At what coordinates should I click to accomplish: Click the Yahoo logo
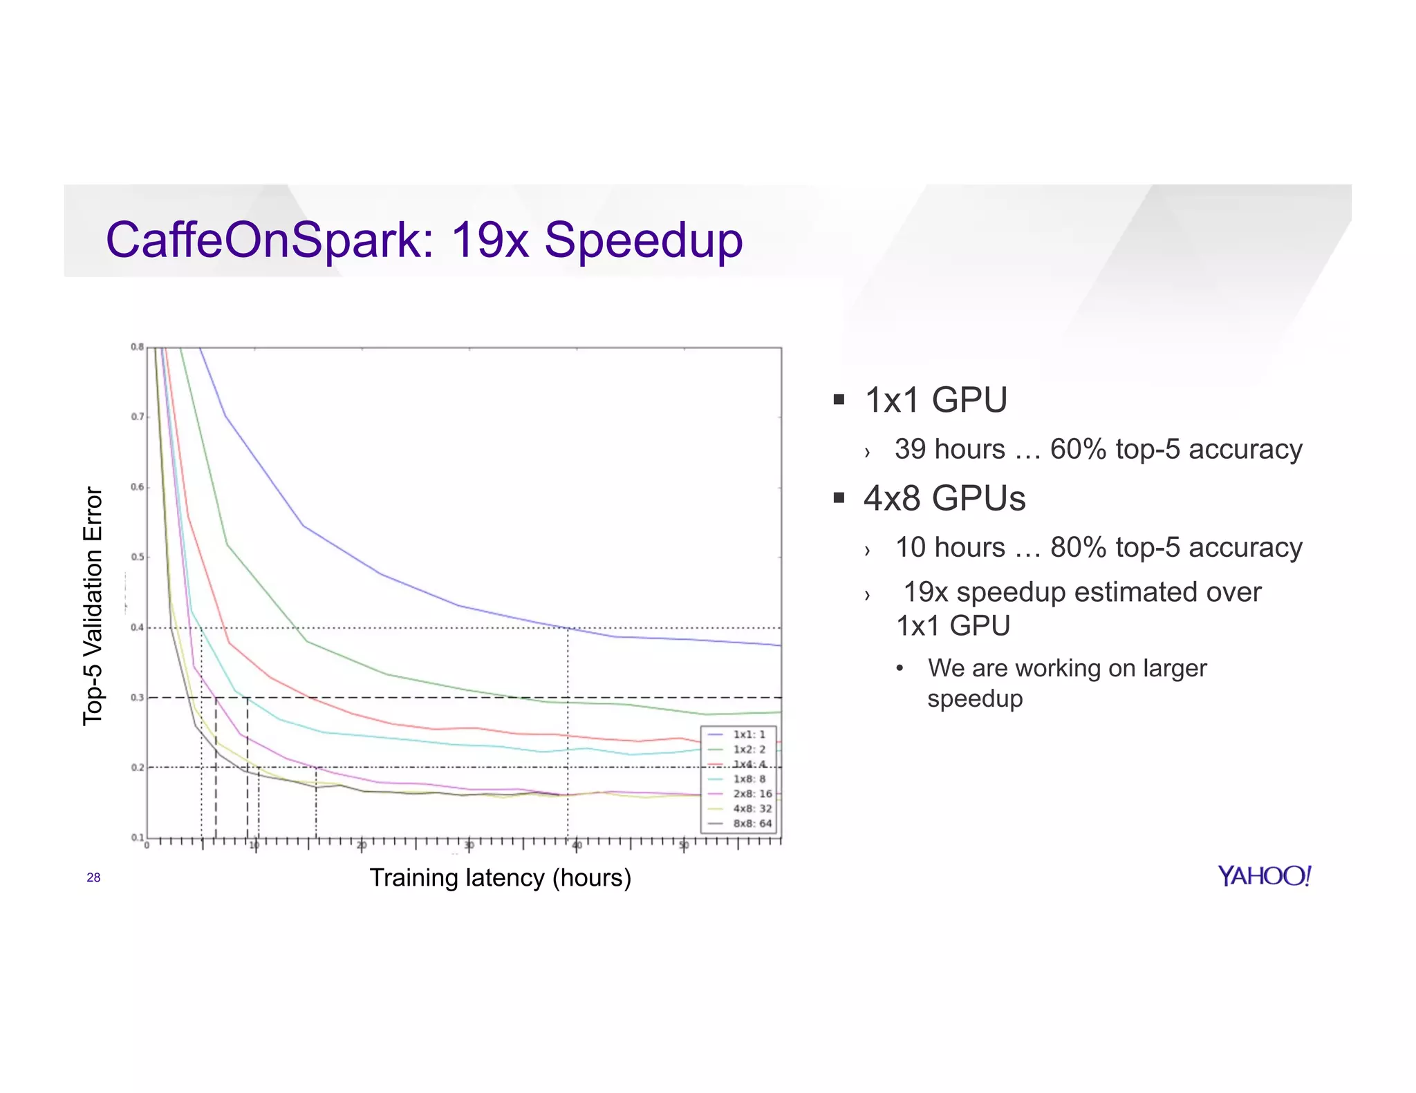coord(1264,876)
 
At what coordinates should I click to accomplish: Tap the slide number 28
coord(93,877)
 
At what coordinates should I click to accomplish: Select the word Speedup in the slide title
coord(643,240)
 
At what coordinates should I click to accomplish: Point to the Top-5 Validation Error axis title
coord(93,606)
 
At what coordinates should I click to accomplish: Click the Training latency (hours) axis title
coord(500,877)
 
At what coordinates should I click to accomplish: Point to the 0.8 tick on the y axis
coord(137,347)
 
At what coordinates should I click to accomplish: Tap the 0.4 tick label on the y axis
coord(137,627)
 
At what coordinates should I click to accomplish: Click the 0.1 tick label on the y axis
coord(137,837)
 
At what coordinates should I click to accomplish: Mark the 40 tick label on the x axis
coord(577,846)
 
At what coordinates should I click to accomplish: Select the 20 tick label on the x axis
coord(362,846)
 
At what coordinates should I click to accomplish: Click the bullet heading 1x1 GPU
coord(935,400)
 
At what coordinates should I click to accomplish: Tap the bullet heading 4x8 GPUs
coord(944,498)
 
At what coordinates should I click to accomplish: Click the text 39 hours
coord(949,449)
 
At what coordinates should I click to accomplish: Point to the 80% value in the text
coord(1078,547)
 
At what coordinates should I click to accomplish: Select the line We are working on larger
coord(1067,668)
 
